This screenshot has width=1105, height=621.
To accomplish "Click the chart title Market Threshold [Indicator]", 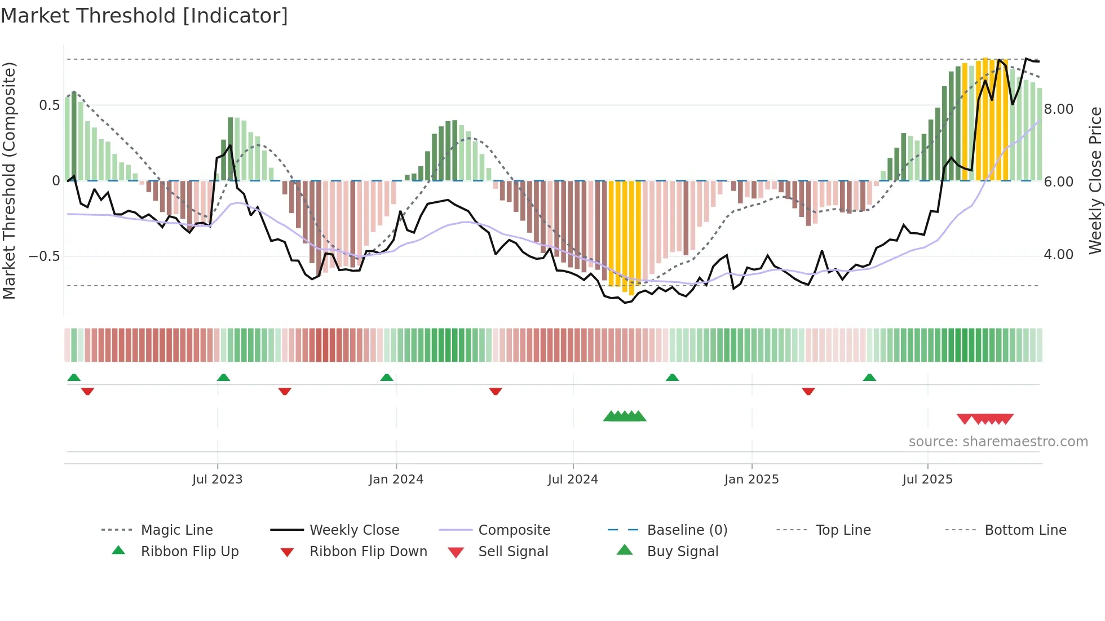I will click(x=144, y=16).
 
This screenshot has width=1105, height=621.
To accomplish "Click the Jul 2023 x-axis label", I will click(x=217, y=480).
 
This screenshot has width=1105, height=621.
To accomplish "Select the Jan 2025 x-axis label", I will click(x=751, y=480).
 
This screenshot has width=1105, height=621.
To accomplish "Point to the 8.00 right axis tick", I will click(x=1058, y=109).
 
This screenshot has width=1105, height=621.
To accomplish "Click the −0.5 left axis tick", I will click(x=45, y=256).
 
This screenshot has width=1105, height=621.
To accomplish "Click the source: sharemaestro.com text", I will click(x=998, y=442).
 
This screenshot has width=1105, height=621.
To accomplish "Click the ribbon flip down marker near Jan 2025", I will click(x=808, y=391).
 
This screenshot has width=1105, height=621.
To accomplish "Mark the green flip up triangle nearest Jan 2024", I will click(x=387, y=378).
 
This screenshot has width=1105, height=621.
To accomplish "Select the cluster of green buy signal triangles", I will click(x=625, y=416).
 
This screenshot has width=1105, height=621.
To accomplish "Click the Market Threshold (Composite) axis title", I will click(x=9, y=180).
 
